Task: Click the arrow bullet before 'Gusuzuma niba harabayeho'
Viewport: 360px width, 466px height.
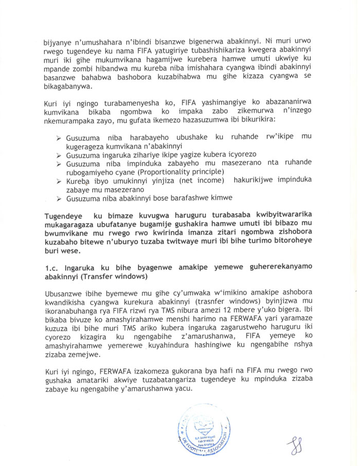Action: pos(59,138)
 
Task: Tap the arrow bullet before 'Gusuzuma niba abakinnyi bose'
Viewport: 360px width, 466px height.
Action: pos(59,198)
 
